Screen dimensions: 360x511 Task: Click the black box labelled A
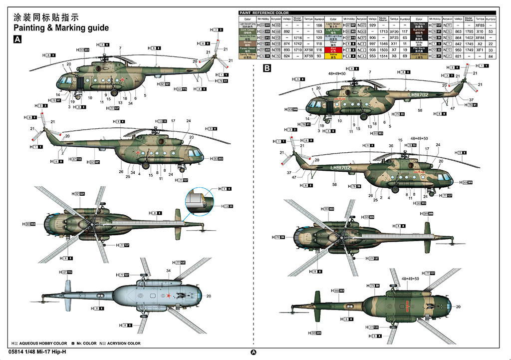pyautogui.click(x=17, y=39)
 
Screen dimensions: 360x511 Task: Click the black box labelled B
pyautogui.click(x=267, y=68)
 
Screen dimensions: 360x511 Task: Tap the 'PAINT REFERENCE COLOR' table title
pyautogui.click(x=264, y=12)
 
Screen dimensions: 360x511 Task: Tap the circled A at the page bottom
pyautogui.click(x=253, y=352)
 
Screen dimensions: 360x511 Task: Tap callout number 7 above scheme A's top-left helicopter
pyautogui.click(x=120, y=48)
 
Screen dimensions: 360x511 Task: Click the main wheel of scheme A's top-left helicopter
pyautogui.click(x=115, y=92)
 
